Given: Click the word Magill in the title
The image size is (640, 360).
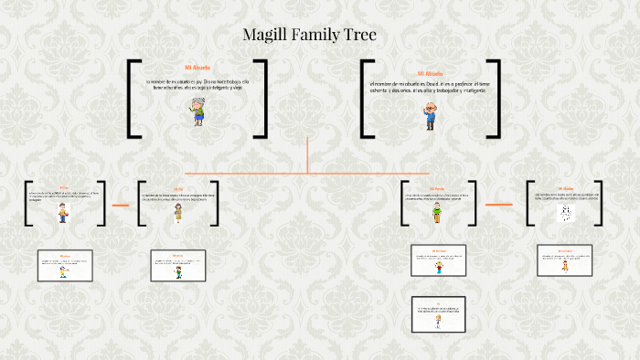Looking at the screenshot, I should coord(266,36).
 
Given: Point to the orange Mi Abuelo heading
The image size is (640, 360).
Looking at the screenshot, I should coord(430,73).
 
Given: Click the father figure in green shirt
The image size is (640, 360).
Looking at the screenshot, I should coord(437,214).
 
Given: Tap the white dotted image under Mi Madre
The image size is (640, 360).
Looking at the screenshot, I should coord(565,212).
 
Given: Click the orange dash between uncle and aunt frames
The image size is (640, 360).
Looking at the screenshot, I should coord(121,205).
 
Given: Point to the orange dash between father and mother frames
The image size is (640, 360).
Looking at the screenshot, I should coord(498,204).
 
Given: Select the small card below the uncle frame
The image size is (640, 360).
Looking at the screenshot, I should coord(64,266).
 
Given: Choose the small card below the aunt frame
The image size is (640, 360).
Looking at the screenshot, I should coord(178,266).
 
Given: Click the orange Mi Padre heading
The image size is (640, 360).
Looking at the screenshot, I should coord(436,187).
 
